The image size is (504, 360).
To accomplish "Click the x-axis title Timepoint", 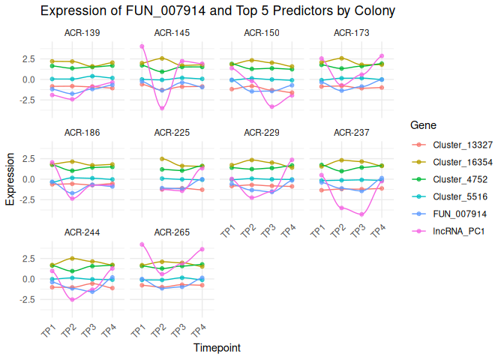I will [x=217, y=348].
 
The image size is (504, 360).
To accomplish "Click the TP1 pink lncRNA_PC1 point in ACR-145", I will [x=142, y=46].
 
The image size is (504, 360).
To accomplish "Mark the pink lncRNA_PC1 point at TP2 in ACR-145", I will [x=162, y=109].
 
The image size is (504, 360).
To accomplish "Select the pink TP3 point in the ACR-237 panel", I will [x=362, y=214].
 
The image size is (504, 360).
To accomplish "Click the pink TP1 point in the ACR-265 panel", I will [x=142, y=244].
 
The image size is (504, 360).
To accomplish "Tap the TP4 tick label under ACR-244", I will [x=110, y=331].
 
